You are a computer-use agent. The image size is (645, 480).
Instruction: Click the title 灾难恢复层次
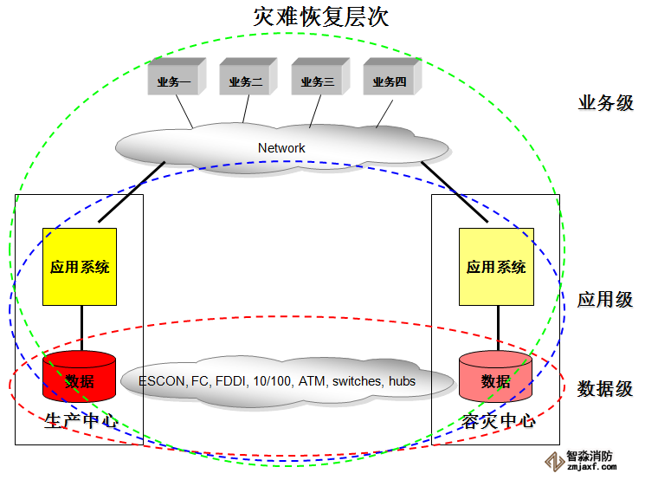coord(321,16)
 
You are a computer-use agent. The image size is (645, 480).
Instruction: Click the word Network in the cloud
coord(281,148)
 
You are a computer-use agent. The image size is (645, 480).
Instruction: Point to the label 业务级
coord(605,103)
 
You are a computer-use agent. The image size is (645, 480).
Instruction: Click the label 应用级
coord(605,300)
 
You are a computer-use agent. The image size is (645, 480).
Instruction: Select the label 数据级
coord(605,388)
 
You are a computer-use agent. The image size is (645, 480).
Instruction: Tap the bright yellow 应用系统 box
coord(80,267)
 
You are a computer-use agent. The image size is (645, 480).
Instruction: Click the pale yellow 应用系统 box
coord(496,267)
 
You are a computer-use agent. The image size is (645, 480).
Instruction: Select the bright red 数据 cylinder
coord(80,378)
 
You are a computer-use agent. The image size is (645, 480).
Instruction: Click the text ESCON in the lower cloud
coord(161,381)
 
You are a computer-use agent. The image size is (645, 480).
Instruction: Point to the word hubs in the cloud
coord(402,381)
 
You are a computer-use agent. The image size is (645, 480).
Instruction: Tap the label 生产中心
coord(81,422)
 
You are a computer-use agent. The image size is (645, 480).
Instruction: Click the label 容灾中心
coord(498,422)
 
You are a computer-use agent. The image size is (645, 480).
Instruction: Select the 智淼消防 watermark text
coord(591,456)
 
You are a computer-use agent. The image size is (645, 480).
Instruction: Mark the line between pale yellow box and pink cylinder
coord(498,328)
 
